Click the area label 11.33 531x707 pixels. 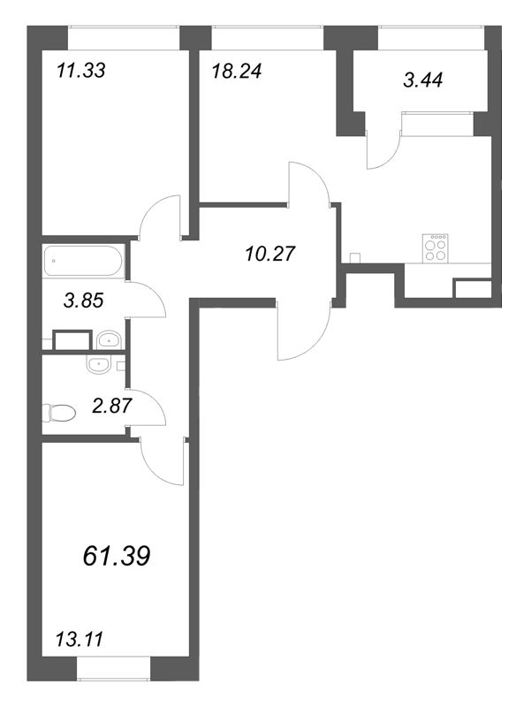tap(80, 71)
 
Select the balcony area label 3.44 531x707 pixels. tap(422, 80)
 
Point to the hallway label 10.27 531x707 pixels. tap(268, 255)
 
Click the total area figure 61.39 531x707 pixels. tap(116, 555)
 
